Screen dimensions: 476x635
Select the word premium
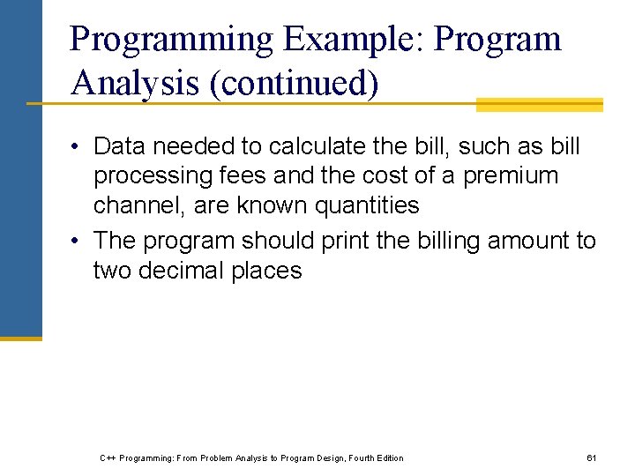pyautogui.click(x=511, y=175)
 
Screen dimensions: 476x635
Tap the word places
pyautogui.click(x=267, y=270)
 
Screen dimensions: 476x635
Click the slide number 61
pyautogui.click(x=592, y=457)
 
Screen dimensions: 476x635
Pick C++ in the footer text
pyautogui.click(x=108, y=457)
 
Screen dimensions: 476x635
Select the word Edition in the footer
pyautogui.click(x=388, y=457)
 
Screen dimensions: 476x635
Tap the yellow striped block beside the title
pyautogui.click(x=539, y=105)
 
